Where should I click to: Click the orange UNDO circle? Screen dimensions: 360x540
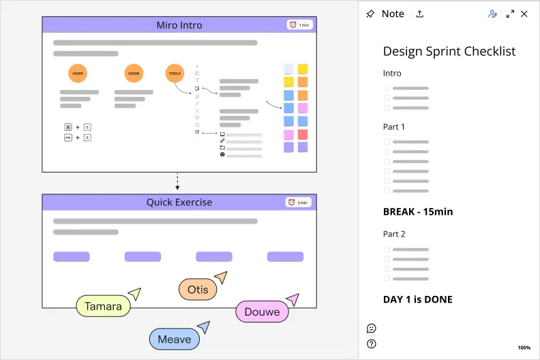pyautogui.click(x=78, y=73)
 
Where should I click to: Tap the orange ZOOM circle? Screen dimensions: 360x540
pyautogui.click(x=134, y=73)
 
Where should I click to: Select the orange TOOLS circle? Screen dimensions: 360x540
pyautogui.click(x=175, y=73)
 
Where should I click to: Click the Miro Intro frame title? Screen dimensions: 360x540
pyautogui.click(x=179, y=25)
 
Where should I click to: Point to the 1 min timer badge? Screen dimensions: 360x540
pyautogui.click(x=300, y=25)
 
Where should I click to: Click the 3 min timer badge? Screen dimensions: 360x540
pyautogui.click(x=298, y=202)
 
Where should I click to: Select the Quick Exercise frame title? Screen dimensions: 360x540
pyautogui.click(x=179, y=202)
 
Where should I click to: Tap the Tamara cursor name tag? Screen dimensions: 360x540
pyautogui.click(x=104, y=306)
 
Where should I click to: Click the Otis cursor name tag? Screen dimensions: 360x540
pyautogui.click(x=198, y=289)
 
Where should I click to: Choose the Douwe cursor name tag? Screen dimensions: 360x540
pyautogui.click(x=262, y=312)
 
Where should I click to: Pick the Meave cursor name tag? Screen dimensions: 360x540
pyautogui.click(x=175, y=339)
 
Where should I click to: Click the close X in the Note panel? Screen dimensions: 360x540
pyautogui.click(x=524, y=14)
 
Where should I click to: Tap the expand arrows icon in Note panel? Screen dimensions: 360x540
pyautogui.click(x=510, y=14)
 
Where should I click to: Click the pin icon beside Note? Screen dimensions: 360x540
pyautogui.click(x=370, y=14)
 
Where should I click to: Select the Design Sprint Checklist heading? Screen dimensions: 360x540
pyautogui.click(x=449, y=51)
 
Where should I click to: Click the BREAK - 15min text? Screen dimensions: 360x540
pyautogui.click(x=418, y=211)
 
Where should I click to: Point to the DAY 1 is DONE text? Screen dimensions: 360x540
pyautogui.click(x=418, y=299)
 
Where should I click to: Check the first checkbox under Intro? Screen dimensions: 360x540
pyautogui.click(x=387, y=88)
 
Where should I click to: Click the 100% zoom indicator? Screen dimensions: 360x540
pyautogui.click(x=524, y=348)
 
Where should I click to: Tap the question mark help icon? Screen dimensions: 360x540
pyautogui.click(x=372, y=344)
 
